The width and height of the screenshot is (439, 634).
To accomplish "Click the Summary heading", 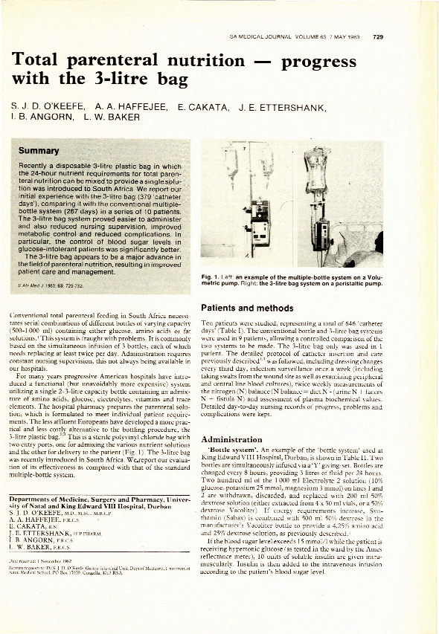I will [x=39, y=151].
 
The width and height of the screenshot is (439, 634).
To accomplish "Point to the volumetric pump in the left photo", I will [x=260, y=230].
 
